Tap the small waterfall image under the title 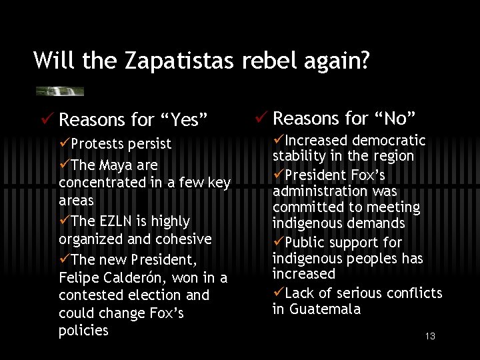(x=60, y=91)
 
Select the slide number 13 (x=430, y=336)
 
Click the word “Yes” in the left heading (x=183, y=120)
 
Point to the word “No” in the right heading (x=394, y=119)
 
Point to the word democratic (x=389, y=141)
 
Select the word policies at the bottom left (x=83, y=331)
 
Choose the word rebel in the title (x=265, y=61)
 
